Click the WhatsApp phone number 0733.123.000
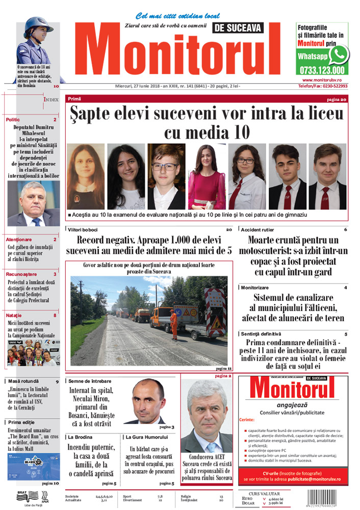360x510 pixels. pos(322,71)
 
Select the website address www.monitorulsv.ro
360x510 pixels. pos(325,80)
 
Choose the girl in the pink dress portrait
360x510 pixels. pos(207,176)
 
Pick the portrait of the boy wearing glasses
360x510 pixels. pos(166,176)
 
